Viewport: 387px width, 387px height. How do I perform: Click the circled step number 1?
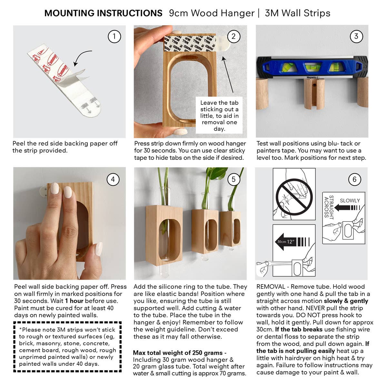(x=114, y=36)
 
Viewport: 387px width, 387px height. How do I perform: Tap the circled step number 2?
(x=233, y=36)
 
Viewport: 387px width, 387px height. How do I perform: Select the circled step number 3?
(x=356, y=36)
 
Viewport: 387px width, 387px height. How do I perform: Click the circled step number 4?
(x=113, y=179)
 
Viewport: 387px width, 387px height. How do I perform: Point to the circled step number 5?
(x=233, y=179)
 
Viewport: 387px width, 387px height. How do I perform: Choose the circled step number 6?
(x=354, y=179)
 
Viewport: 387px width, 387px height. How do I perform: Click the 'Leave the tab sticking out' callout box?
(x=219, y=115)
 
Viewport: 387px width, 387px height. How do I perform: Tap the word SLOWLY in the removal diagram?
(x=350, y=201)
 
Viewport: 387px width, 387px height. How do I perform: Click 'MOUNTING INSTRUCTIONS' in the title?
(x=103, y=13)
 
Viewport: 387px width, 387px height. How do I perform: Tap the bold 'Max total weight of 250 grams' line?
(x=180, y=352)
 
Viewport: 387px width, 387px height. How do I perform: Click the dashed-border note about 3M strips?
(x=67, y=347)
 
